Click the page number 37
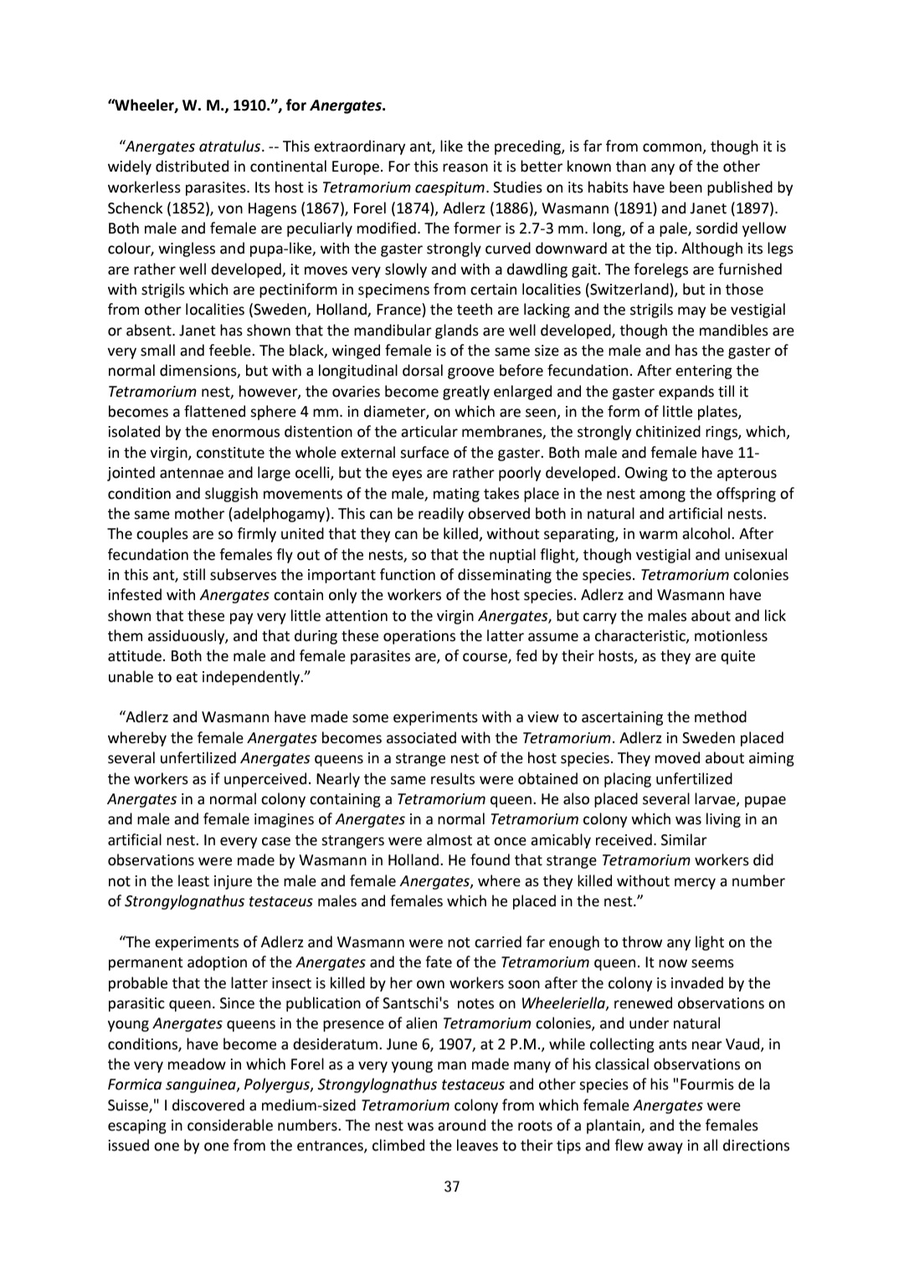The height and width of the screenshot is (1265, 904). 452,1186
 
